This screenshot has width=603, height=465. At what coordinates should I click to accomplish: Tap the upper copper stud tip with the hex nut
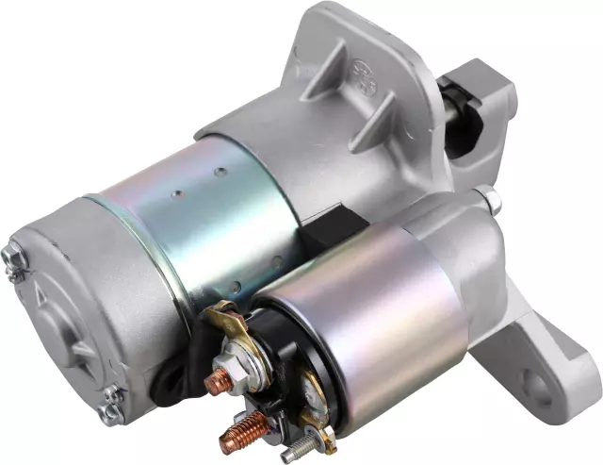216,382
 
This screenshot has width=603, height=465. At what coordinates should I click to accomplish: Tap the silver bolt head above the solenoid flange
488,199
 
